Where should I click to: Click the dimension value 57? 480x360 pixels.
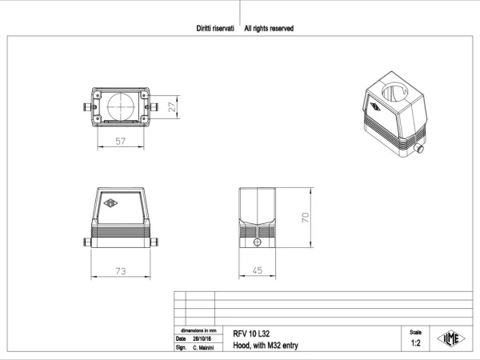point(120,141)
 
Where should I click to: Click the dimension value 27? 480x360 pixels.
point(172,107)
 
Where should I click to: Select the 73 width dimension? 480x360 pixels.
point(121,271)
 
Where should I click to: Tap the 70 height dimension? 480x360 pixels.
point(306,218)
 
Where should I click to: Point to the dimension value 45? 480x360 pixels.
point(258,270)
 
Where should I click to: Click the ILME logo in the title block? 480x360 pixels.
point(451,338)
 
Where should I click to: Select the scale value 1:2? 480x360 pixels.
point(415,343)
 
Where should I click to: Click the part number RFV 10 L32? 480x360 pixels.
point(251,334)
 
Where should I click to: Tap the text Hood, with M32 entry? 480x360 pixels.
point(266,346)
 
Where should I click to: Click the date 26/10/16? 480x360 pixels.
point(202,339)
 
